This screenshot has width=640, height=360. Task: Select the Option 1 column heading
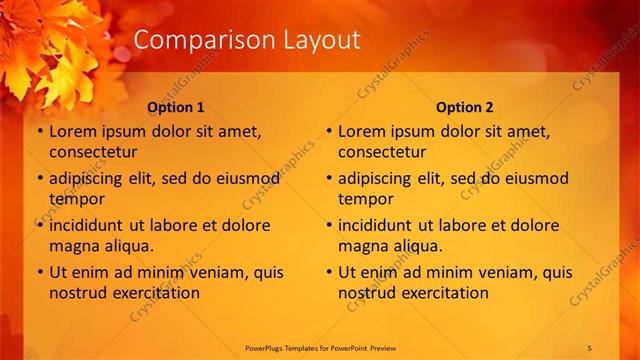click(176, 107)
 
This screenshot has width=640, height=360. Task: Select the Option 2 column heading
click(465, 107)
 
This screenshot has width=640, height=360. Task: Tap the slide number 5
click(589, 347)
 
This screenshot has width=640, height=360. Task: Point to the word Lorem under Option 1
click(71, 131)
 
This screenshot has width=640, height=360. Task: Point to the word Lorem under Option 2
click(360, 131)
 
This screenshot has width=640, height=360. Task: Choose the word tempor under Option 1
click(75, 199)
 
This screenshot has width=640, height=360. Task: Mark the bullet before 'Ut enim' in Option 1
click(40, 272)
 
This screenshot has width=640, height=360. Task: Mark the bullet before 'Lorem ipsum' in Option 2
click(329, 131)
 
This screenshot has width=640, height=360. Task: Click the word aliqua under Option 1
click(129, 246)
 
